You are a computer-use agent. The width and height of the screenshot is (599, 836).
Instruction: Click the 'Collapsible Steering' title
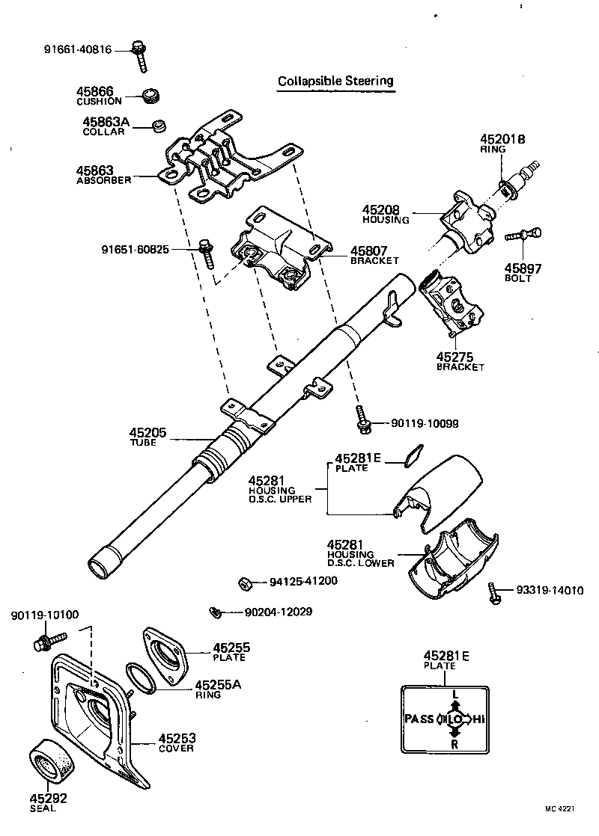335,81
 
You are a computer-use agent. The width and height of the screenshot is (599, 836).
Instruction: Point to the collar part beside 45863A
158,125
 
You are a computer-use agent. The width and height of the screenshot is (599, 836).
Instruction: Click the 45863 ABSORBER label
104,175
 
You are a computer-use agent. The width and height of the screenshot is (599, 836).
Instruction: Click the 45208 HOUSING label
386,215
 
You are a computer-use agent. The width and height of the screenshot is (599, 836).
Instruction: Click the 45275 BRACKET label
460,361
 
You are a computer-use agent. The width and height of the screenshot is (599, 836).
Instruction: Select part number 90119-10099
425,424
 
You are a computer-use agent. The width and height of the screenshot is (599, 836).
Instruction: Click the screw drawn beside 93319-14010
495,592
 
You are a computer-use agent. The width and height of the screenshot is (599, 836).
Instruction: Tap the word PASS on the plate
419,719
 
